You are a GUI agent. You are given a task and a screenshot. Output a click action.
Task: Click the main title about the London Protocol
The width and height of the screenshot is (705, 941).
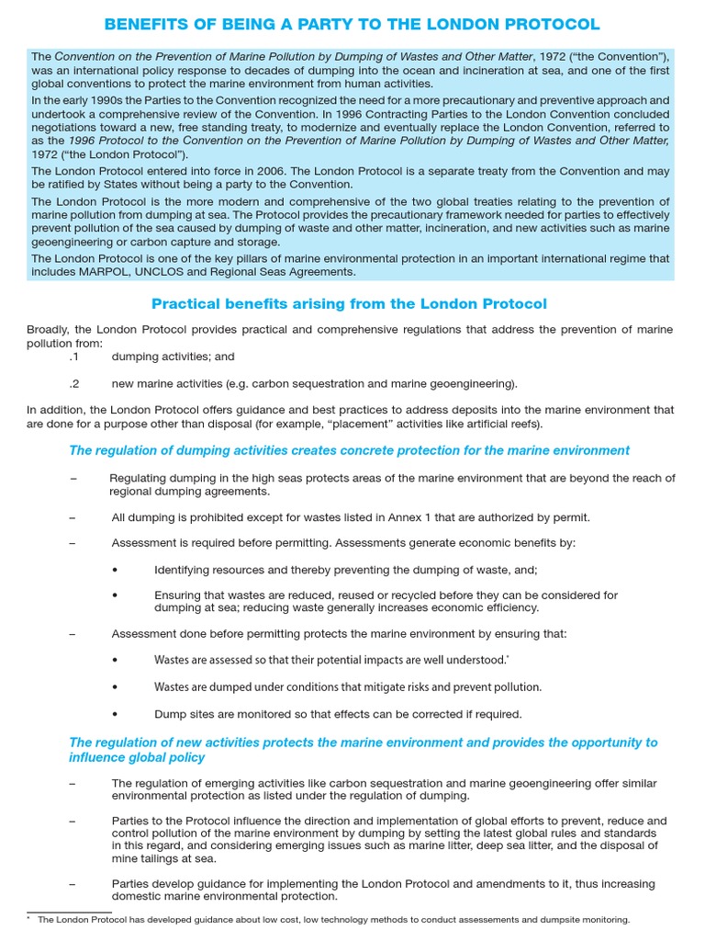tap(352, 24)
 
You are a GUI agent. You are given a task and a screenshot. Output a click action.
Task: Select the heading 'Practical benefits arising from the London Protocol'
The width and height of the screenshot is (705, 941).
tap(349, 304)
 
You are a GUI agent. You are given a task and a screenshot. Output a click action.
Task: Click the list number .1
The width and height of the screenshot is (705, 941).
tap(74, 356)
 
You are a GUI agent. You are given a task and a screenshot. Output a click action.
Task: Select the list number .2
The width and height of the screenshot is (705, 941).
tap(74, 383)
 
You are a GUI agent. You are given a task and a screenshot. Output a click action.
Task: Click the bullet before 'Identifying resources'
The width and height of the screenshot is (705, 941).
tap(115, 570)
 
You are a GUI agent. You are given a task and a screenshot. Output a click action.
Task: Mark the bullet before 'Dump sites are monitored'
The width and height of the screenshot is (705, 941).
tap(115, 714)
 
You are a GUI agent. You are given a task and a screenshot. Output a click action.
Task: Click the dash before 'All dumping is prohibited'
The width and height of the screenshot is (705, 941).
tap(73, 517)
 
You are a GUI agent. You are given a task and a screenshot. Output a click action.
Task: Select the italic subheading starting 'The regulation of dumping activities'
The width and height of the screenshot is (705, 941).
tap(349, 450)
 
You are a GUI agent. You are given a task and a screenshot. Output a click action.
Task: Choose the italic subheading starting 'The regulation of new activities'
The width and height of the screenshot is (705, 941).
tap(363, 750)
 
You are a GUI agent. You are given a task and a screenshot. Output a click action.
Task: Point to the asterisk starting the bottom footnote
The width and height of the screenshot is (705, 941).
tap(30, 918)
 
